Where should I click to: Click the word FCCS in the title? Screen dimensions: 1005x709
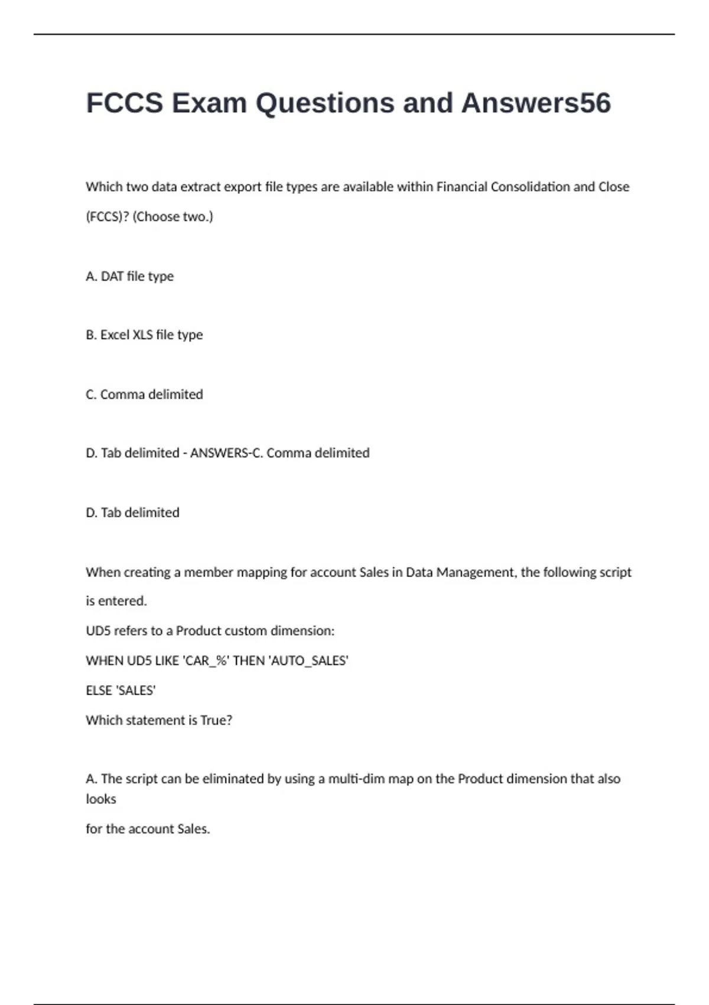pos(125,103)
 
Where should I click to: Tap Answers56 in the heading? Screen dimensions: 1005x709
pos(536,103)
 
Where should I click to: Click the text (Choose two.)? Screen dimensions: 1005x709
pos(173,216)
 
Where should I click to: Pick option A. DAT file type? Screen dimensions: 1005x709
pos(129,276)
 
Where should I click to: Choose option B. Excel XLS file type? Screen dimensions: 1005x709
pos(144,335)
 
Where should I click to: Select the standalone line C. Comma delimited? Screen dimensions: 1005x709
pos(144,394)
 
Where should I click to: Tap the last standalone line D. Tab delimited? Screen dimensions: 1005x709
pos(132,513)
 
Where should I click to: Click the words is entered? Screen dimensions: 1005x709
pos(116,601)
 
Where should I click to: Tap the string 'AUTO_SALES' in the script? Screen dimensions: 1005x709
pos(308,660)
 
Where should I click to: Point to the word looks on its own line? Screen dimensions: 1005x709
pos(101,799)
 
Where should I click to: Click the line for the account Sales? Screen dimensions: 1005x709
pos(148,829)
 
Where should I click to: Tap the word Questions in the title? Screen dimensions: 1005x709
pos(324,103)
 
